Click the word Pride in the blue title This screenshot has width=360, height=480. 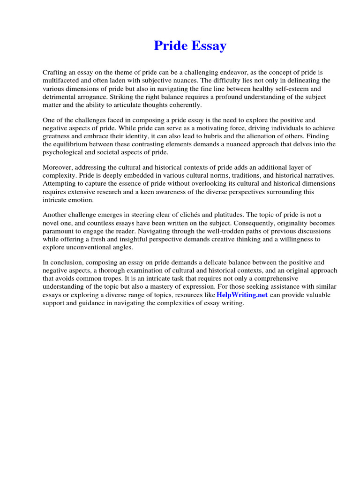(171, 45)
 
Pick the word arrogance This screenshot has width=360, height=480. (94, 97)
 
